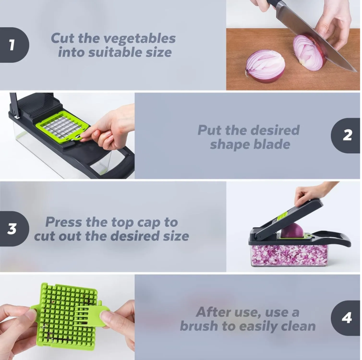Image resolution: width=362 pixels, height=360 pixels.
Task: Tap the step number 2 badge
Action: coord(347,135)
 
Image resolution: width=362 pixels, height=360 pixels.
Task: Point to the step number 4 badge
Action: coord(347,318)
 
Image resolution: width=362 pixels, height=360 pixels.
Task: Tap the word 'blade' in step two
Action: coord(271,144)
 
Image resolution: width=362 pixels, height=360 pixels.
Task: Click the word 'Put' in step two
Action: coord(209,130)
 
